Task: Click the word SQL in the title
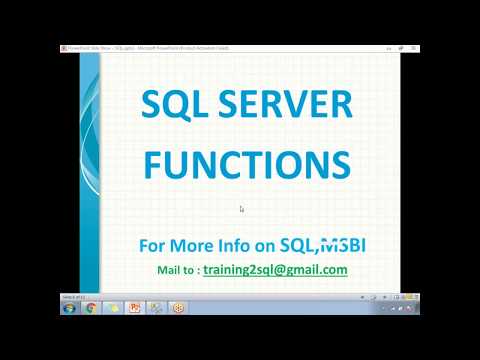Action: [171, 105]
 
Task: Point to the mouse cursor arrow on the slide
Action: [241, 208]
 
